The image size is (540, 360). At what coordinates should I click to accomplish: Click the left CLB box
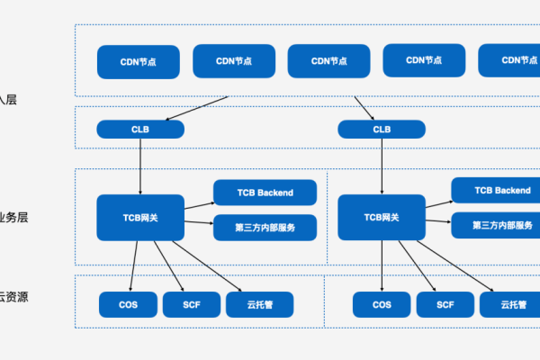[x=140, y=130]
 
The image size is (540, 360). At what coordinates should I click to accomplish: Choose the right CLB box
[x=382, y=130]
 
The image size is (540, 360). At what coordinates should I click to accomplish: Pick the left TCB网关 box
[x=140, y=217]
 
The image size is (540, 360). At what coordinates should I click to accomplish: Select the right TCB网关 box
[x=382, y=217]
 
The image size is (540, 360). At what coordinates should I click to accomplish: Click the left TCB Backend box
[x=265, y=193]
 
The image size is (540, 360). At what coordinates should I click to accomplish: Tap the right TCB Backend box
[x=502, y=191]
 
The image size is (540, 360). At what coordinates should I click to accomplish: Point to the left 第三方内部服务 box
[x=265, y=228]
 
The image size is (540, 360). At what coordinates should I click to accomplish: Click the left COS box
[x=128, y=304]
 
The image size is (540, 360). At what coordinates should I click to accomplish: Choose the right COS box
[x=382, y=304]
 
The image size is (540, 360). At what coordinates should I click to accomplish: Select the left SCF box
[x=191, y=304]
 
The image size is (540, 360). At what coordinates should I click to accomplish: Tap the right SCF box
[x=445, y=304]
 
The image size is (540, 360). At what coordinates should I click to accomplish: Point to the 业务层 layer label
[x=14, y=218]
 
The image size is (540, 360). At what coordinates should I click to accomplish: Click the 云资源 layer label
[x=14, y=296]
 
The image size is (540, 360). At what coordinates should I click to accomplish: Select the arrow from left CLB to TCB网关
[x=140, y=166]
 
